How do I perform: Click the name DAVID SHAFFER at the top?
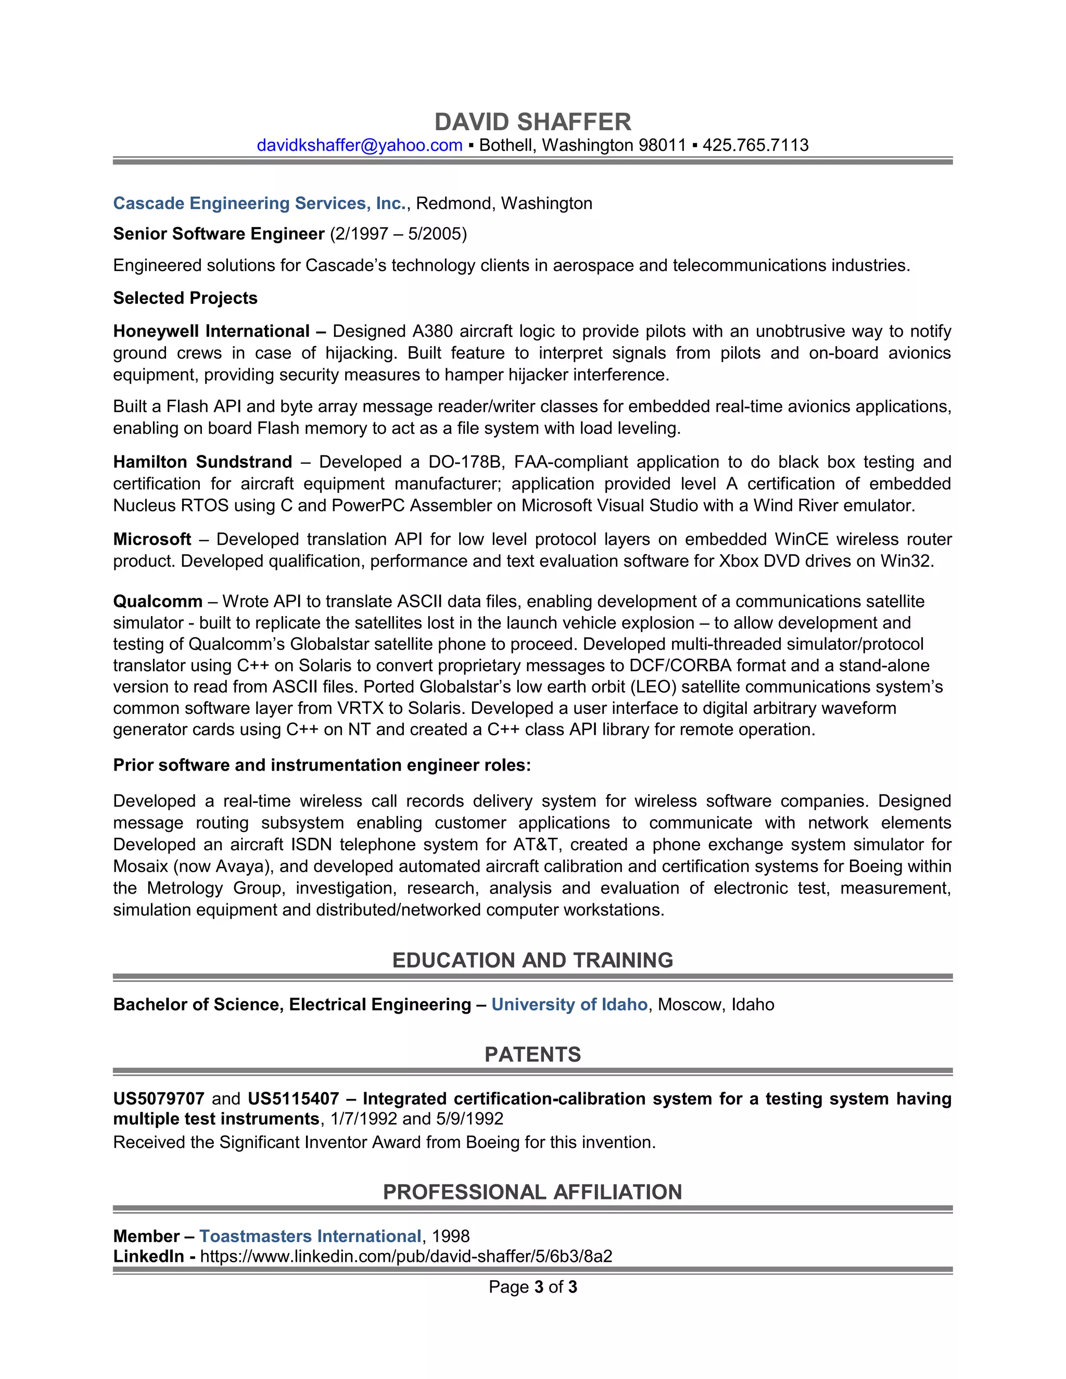click(532, 122)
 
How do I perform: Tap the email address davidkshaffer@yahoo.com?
click(359, 145)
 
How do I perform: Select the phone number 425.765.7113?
click(755, 145)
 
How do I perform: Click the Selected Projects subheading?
click(185, 298)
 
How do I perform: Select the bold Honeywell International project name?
click(211, 331)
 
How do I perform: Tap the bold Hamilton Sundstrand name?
click(202, 462)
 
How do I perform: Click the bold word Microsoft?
click(151, 539)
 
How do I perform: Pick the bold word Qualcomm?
click(158, 601)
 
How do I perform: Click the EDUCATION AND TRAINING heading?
click(532, 961)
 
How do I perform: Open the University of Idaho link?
click(569, 1004)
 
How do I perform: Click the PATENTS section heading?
click(532, 1054)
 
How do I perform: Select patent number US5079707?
click(159, 1099)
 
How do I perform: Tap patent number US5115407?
click(293, 1099)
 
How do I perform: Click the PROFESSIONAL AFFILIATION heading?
click(532, 1192)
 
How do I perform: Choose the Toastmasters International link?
click(310, 1236)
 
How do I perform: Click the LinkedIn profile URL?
click(406, 1257)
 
